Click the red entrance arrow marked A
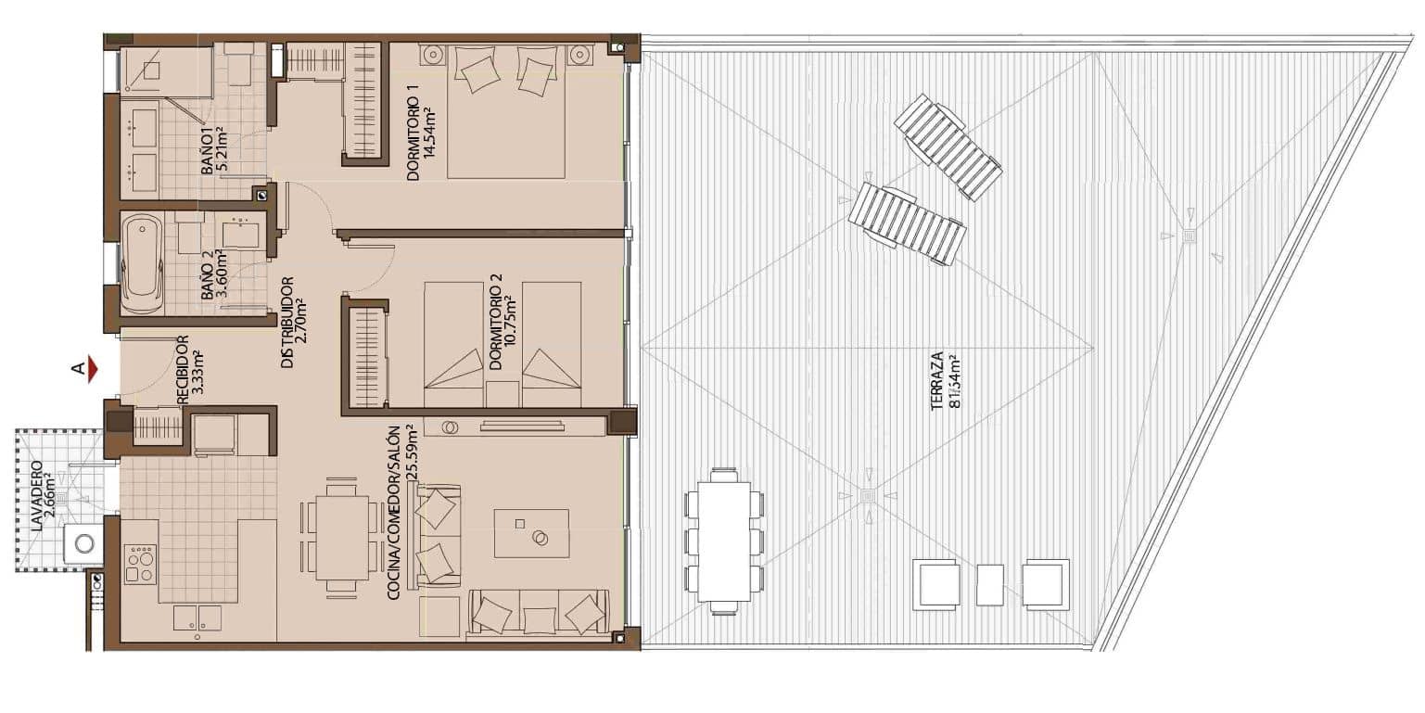coord(91,369)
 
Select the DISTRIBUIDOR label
coord(294,321)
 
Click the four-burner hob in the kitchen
coord(140,564)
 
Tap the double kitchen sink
coord(197,618)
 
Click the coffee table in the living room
coord(531,532)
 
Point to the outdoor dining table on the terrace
coord(724,541)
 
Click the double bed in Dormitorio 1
coord(506,110)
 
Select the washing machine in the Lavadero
coord(85,543)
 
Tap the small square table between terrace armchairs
coord(990,584)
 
